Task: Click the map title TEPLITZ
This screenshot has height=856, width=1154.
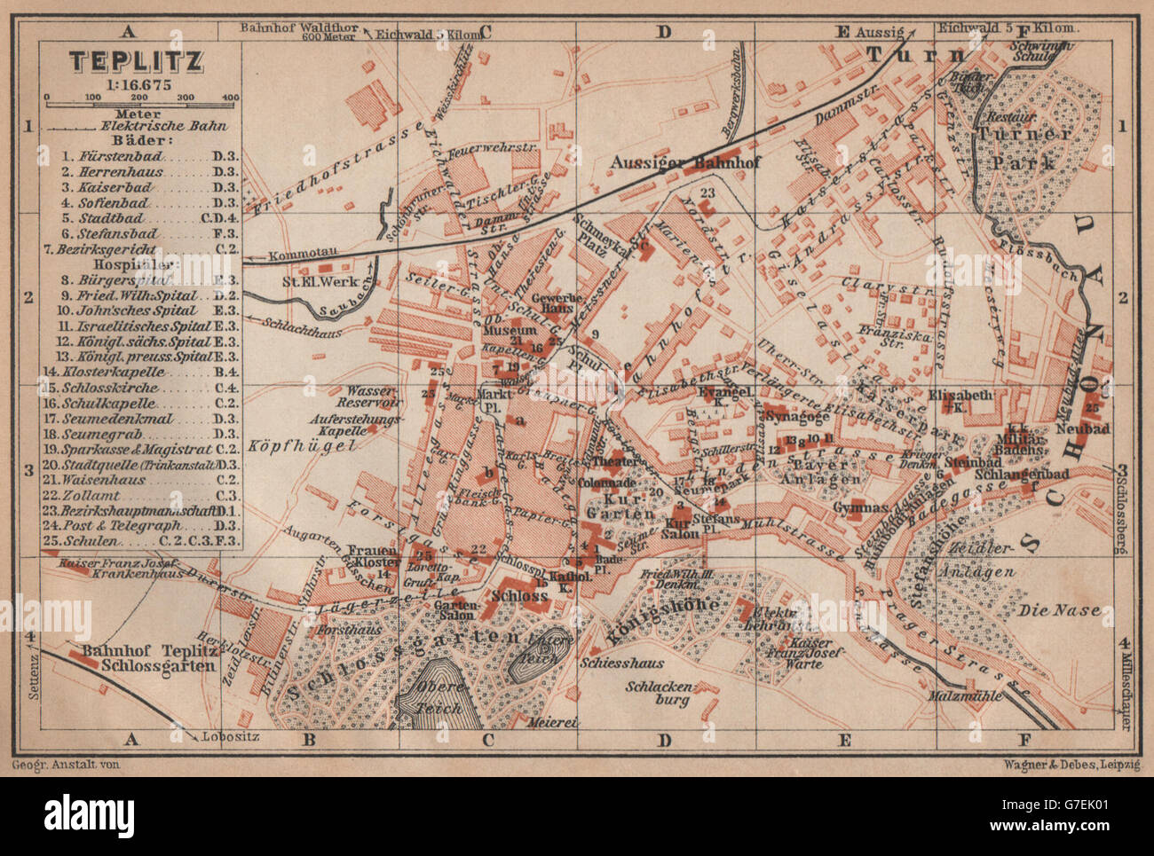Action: pyautogui.click(x=137, y=60)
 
